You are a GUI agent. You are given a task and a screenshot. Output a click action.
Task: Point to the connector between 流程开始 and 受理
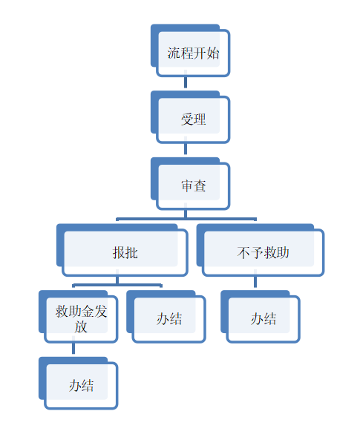click(186, 82)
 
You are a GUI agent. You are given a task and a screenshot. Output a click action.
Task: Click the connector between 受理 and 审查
click(186, 149)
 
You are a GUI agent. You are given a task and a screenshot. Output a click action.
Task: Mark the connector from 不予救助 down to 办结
click(255, 282)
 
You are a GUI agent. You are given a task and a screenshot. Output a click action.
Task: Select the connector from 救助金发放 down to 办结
click(73, 349)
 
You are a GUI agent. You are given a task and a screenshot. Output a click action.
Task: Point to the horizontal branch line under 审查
click(186, 219)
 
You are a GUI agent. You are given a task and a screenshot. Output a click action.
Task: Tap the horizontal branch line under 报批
click(117, 285)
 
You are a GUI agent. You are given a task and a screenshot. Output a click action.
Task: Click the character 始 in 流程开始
click(213, 53)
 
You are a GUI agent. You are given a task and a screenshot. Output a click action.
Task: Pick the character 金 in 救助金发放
click(88, 312)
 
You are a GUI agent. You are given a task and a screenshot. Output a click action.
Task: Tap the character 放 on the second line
click(81, 326)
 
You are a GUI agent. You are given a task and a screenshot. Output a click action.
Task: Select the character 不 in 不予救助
click(243, 253)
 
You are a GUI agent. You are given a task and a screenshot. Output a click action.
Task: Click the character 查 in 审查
click(200, 186)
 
